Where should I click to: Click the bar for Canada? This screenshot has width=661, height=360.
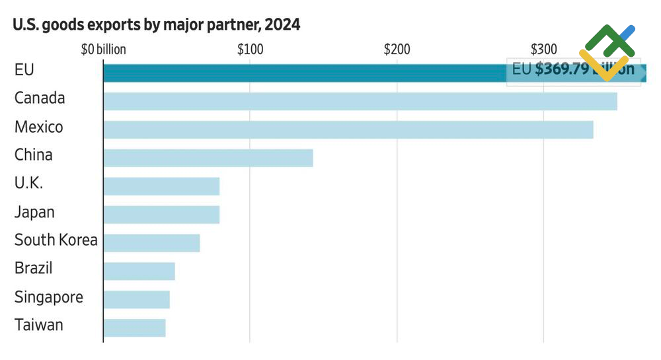360,101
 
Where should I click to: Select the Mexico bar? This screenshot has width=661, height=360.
348,129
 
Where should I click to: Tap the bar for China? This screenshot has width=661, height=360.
208,158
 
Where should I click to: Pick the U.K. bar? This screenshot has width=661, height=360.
161,186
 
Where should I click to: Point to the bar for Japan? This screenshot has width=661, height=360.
161,215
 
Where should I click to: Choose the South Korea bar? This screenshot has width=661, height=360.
151,242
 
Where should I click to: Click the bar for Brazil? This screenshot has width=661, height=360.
139,271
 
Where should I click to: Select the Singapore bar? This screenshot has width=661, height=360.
136,299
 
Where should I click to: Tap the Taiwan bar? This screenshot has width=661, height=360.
134,328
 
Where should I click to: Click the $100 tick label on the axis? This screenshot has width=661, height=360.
250,50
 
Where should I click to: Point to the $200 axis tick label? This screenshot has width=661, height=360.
397,50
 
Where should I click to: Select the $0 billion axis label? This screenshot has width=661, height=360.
103,50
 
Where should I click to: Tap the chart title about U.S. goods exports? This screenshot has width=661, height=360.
157,25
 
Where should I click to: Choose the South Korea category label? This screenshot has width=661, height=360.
56,240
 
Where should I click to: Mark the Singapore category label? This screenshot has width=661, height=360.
49,297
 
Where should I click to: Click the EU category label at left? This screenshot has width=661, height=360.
24,69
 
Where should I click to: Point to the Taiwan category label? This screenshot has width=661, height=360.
39,325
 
